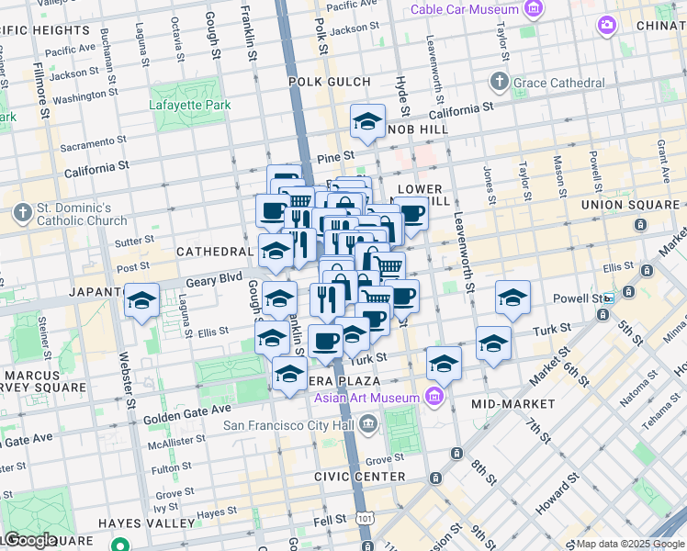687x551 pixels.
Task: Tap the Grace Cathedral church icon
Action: click(x=499, y=83)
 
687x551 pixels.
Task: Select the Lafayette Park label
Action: click(x=190, y=105)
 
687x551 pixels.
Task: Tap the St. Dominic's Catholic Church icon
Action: click(x=22, y=213)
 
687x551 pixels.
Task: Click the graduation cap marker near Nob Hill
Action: click(x=367, y=121)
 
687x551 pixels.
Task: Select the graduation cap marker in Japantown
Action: click(x=142, y=300)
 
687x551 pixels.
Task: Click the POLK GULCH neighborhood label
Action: click(x=330, y=82)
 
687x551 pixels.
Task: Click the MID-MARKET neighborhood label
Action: click(x=512, y=404)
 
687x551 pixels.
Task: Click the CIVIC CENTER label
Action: click(x=359, y=477)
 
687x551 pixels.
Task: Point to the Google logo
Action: click(x=30, y=540)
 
